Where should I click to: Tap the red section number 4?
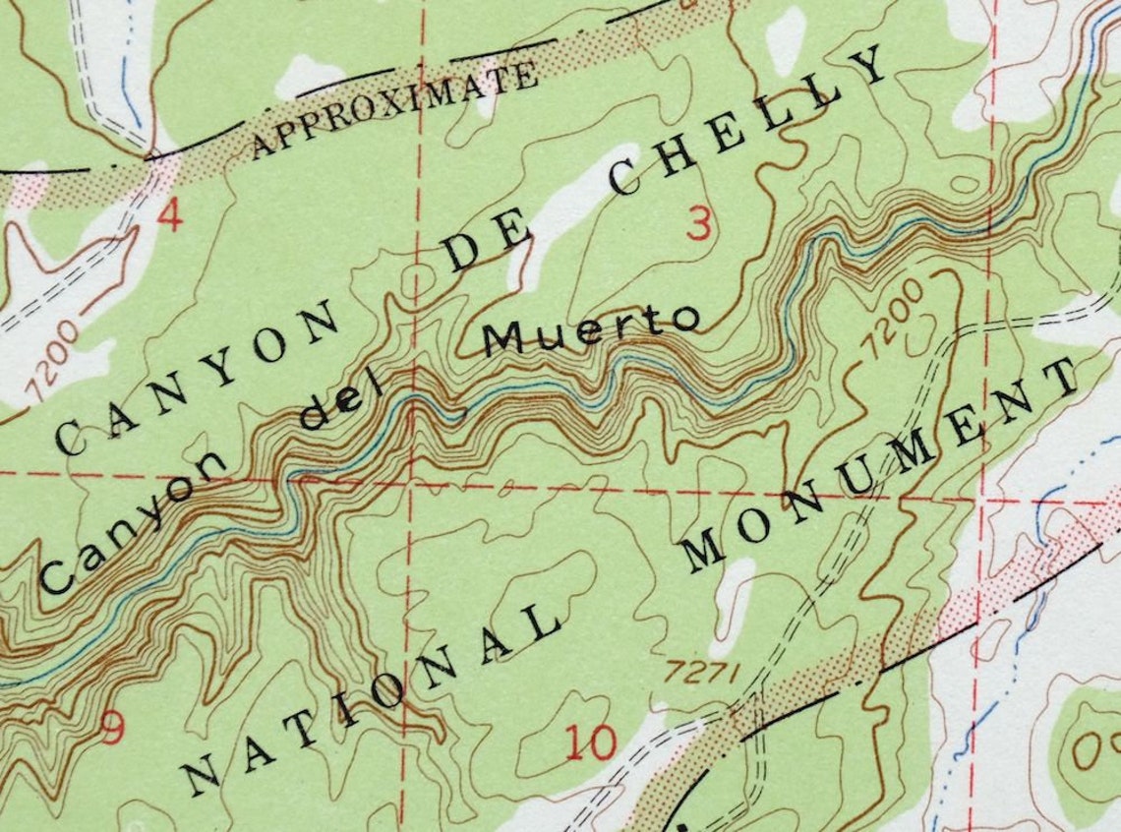(x=170, y=216)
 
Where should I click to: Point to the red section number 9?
(x=113, y=729)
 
